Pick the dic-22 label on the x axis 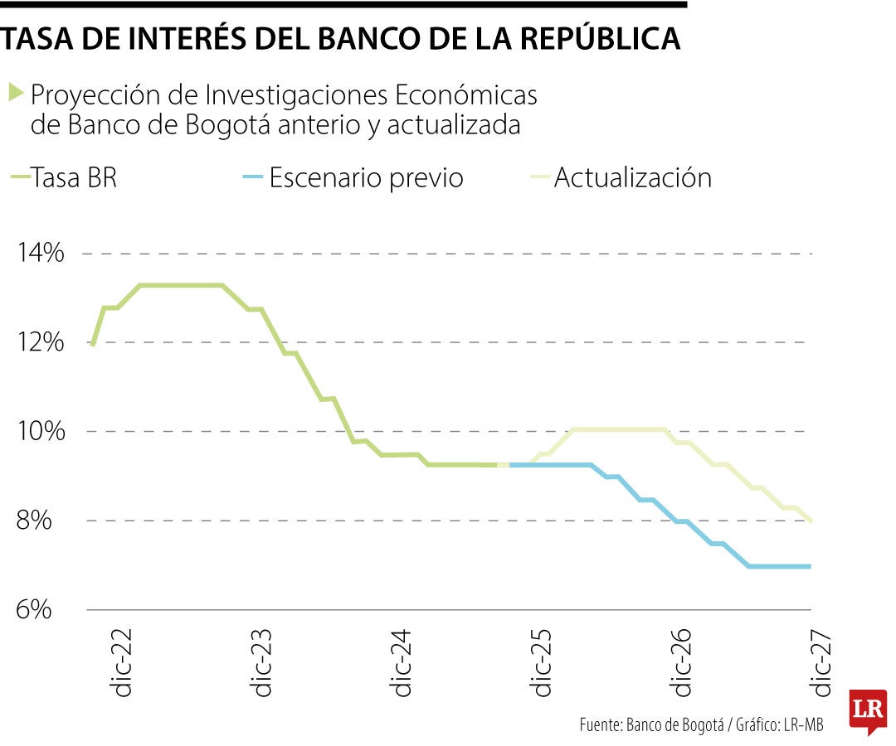123,667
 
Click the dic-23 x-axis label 263,667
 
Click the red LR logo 867,710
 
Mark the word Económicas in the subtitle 465,95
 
